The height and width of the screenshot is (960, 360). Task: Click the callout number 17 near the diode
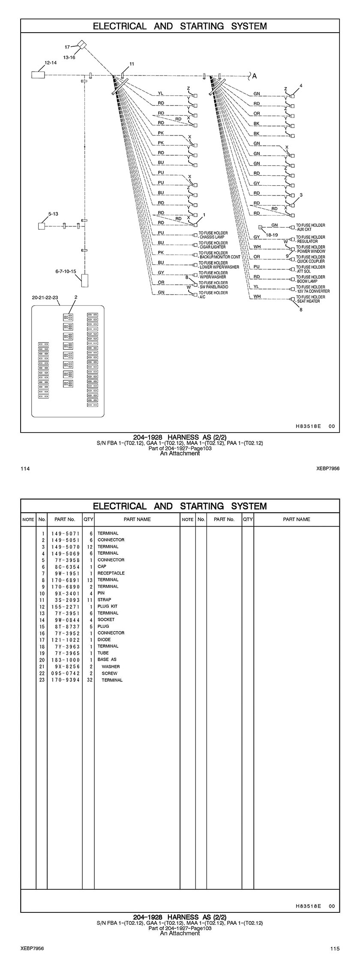(x=67, y=47)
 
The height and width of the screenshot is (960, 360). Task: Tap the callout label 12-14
(x=51, y=63)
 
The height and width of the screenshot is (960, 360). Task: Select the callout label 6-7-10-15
(x=66, y=271)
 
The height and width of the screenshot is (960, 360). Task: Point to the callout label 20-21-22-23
(x=45, y=297)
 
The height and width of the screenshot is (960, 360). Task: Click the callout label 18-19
(x=272, y=235)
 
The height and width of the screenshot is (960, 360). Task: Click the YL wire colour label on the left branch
(x=161, y=93)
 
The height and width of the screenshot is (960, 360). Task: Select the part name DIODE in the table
(x=104, y=639)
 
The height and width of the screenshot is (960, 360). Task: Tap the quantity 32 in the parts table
(x=90, y=680)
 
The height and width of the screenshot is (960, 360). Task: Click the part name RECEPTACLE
(x=111, y=573)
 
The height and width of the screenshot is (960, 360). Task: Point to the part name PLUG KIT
(x=107, y=606)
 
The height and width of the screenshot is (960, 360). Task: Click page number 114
(x=25, y=469)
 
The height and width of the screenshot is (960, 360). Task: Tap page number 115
(x=335, y=948)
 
